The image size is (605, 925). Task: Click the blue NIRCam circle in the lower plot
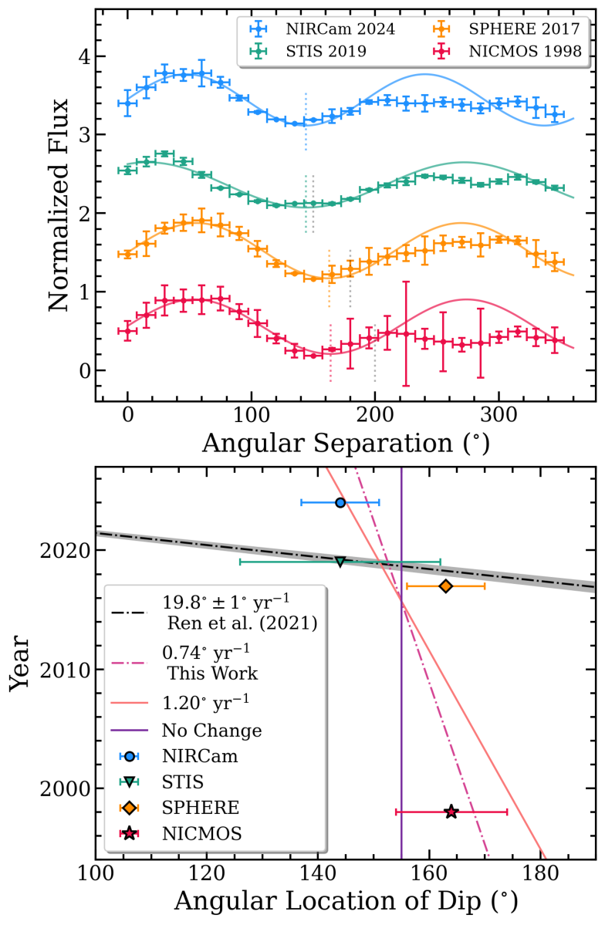[340, 502]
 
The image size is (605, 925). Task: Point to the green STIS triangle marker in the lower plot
[340, 562]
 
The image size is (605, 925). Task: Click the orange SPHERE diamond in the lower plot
[445, 586]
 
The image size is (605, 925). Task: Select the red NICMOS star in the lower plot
[451, 812]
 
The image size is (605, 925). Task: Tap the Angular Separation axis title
[345, 444]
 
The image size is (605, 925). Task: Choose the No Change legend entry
[211, 730]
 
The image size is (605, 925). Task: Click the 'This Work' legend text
[211, 673]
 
